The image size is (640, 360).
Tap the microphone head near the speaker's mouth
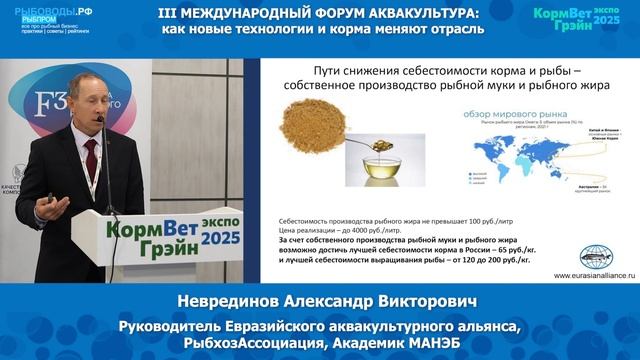(x=103, y=119)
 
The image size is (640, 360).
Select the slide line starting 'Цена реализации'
(x=331, y=228)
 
